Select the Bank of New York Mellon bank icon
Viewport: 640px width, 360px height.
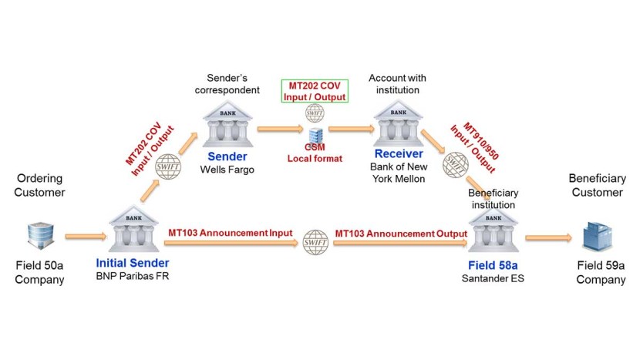(398, 122)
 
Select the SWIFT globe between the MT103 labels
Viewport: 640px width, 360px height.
(315, 242)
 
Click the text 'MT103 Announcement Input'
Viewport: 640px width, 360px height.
(224, 232)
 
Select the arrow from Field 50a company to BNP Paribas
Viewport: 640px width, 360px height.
(82, 237)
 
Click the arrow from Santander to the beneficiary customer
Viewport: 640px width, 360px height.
(548, 237)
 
